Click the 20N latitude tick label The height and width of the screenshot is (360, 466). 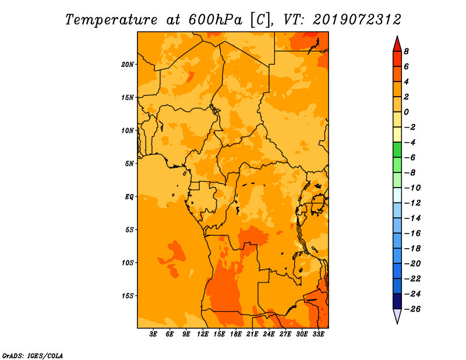coord(128,65)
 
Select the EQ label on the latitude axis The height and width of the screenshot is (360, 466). coord(129,197)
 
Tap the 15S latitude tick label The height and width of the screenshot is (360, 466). coord(128,296)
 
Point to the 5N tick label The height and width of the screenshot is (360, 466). coord(129,164)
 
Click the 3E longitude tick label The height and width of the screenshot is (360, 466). coord(153,334)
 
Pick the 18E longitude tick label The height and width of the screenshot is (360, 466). coord(236,334)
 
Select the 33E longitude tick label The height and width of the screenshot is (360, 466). coord(318,334)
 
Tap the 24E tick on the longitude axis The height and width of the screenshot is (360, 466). coord(269,334)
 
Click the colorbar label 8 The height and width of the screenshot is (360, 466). coord(406,51)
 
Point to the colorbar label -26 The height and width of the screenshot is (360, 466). coord(413,309)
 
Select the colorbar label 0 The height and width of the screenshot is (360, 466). coord(406,112)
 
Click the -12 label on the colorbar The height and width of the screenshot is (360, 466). coord(413,203)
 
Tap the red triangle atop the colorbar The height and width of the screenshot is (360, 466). coord(397,45)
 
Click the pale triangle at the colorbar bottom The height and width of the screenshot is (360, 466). coord(397,316)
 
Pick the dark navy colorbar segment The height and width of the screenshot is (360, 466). coord(397,301)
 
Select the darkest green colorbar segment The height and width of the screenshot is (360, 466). coord(397,150)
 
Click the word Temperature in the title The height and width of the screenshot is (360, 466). coord(111,20)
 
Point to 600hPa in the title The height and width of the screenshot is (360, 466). coord(215,20)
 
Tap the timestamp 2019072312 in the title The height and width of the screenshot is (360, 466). coord(357,20)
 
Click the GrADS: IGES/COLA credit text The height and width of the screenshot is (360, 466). coord(33,356)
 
